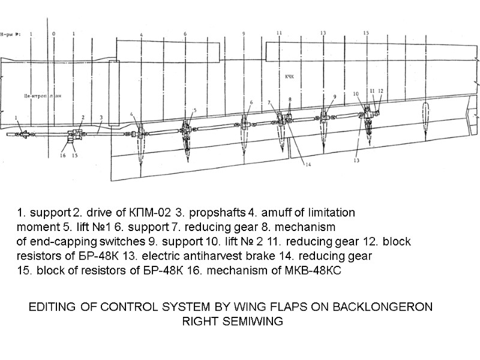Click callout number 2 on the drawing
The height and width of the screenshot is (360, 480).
pos(82,118)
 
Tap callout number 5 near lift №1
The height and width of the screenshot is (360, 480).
pos(194,110)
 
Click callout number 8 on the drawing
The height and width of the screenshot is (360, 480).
pos(290,100)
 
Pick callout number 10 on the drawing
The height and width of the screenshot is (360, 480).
pos(355,94)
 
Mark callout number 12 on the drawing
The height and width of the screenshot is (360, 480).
pos(380,91)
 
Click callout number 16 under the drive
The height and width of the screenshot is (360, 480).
pos(62,155)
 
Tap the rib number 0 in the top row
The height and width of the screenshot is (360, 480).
pos(54,34)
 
